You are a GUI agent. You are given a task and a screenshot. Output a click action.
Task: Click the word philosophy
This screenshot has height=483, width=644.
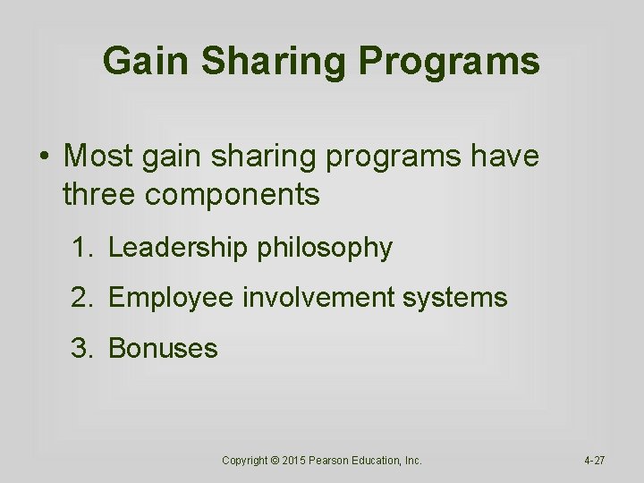coord(325,249)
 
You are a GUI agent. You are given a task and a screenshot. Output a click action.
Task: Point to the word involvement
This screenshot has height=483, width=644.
coord(320,298)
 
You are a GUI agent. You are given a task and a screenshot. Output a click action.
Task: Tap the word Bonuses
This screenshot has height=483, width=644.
coord(163,348)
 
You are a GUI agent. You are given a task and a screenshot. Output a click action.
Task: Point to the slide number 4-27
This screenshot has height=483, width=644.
coord(594,461)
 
